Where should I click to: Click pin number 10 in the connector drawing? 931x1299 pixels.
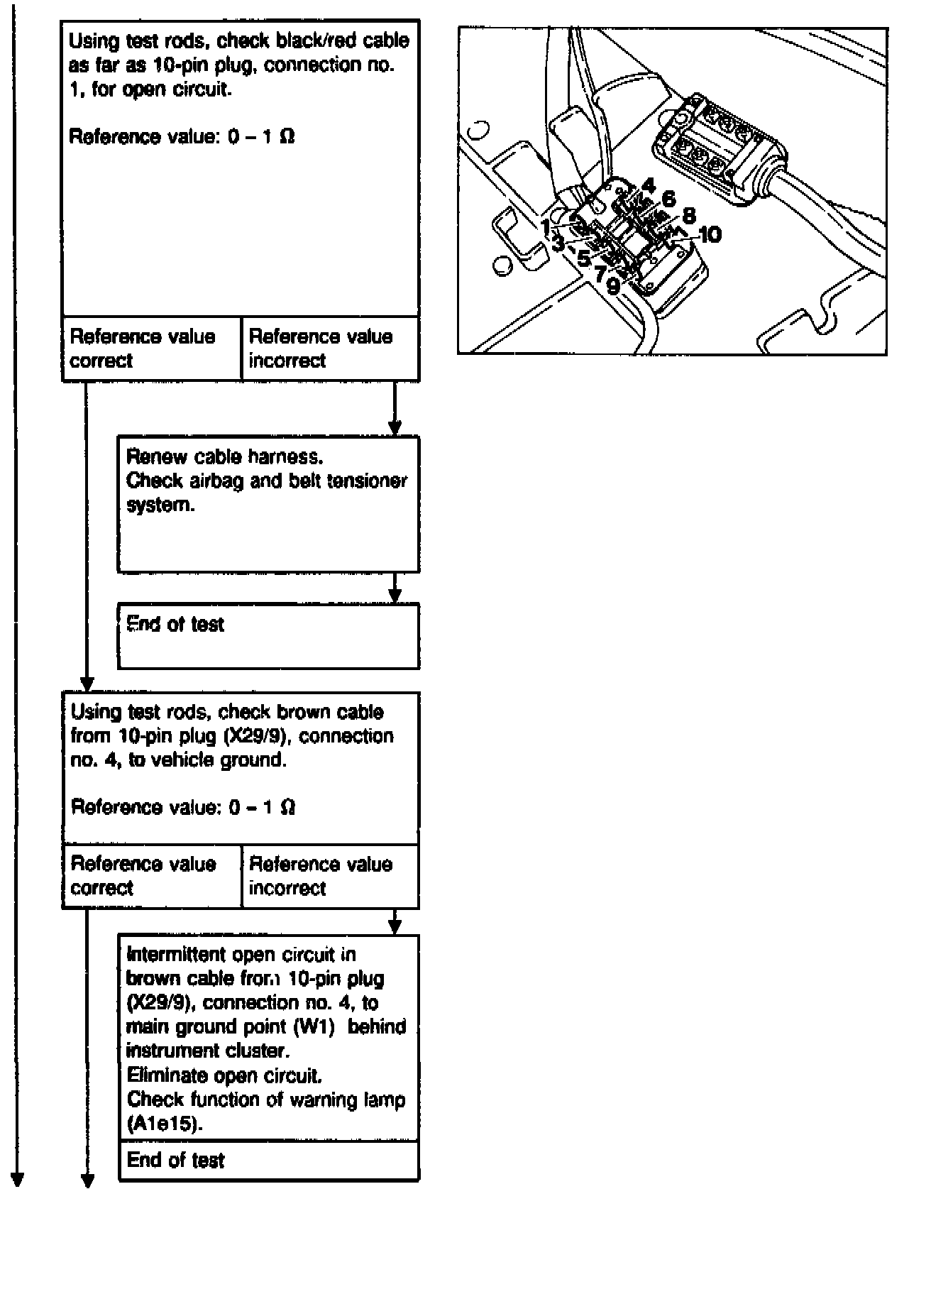pyautogui.click(x=710, y=234)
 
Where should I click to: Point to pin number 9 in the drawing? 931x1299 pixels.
pyautogui.click(x=612, y=287)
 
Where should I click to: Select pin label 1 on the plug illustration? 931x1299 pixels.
pyautogui.click(x=545, y=227)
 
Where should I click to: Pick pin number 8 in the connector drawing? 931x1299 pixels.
pyautogui.click(x=688, y=216)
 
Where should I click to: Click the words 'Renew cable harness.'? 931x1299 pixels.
pyautogui.click(x=224, y=456)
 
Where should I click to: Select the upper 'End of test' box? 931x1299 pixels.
pyautogui.click(x=268, y=635)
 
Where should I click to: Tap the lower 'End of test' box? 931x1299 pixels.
pyautogui.click(x=268, y=1161)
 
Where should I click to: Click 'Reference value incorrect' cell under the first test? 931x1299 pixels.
pyautogui.click(x=330, y=349)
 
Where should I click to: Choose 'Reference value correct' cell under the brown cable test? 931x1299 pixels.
pyautogui.click(x=151, y=876)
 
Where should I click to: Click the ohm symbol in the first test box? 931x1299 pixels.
pyautogui.click(x=287, y=136)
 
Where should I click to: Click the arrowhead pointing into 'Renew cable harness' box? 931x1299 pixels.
pyautogui.click(x=395, y=428)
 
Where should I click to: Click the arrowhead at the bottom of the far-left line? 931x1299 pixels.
pyautogui.click(x=17, y=1180)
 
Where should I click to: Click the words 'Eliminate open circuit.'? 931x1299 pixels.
pyautogui.click(x=224, y=1075)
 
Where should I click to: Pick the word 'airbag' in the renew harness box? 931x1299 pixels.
pyautogui.click(x=216, y=481)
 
